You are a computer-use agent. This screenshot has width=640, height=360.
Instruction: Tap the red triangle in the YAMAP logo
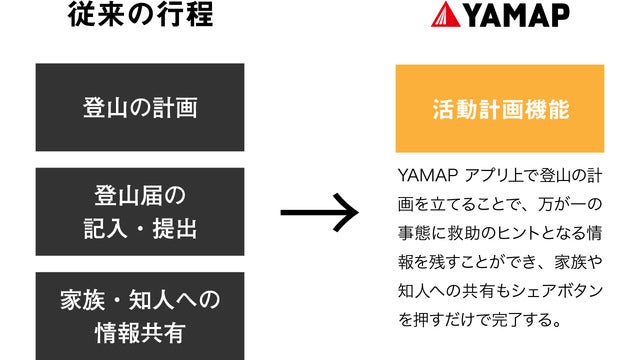pos(444,17)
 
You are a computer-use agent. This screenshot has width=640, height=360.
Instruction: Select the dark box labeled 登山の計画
pos(140,108)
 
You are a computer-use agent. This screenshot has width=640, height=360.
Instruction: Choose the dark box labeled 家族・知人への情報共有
pos(140,314)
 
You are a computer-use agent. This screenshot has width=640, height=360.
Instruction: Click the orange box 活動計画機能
pos(499,108)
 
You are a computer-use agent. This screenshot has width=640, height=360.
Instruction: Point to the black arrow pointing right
pos(318,212)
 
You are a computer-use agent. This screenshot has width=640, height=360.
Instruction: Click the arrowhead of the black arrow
pos(346,212)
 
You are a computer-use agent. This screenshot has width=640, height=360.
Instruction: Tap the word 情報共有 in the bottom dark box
pos(140,329)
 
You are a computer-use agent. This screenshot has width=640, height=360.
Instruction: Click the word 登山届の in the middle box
pos(140,194)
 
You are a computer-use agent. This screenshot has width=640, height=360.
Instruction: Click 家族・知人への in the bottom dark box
pos(140,300)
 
